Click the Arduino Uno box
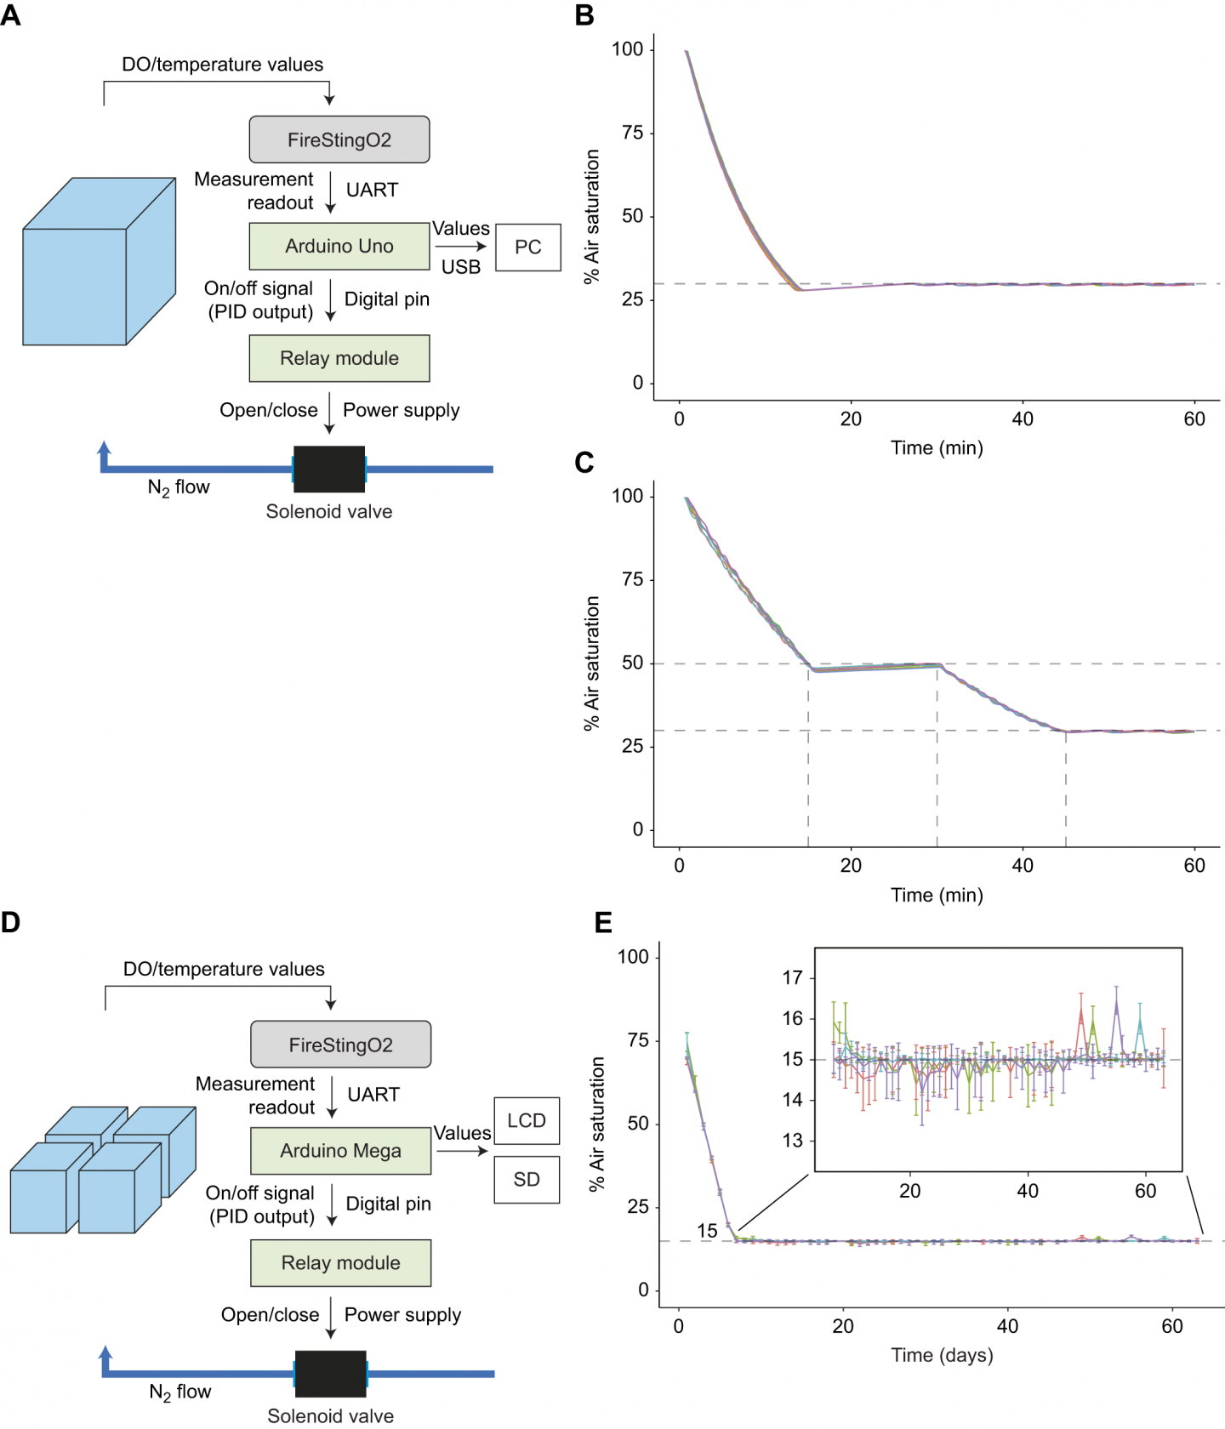click(x=339, y=246)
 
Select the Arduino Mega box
click(x=340, y=1151)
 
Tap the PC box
click(x=527, y=247)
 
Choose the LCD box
click(x=527, y=1120)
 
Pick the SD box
click(x=527, y=1179)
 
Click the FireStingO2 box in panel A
click(x=339, y=139)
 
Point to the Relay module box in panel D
click(x=340, y=1262)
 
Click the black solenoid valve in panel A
click(x=329, y=469)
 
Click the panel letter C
click(x=584, y=463)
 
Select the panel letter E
click(x=603, y=923)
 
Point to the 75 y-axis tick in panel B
click(x=632, y=133)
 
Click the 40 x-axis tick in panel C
click(x=1023, y=866)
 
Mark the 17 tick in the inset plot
click(x=793, y=977)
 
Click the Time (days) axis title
click(x=942, y=1355)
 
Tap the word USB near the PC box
click(x=461, y=267)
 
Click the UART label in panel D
click(x=373, y=1095)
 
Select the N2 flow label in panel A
click(x=179, y=487)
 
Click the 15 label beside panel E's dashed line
click(x=707, y=1231)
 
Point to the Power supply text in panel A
click(x=401, y=410)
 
